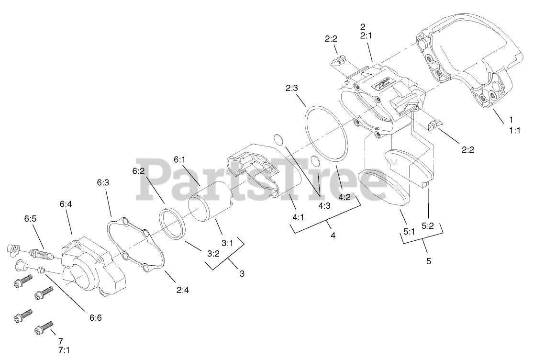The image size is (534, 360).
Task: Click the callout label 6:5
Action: [30, 219]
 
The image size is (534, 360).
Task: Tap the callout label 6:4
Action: [66, 204]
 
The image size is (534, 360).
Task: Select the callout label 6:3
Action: [103, 182]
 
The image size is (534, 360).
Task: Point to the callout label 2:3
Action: [291, 88]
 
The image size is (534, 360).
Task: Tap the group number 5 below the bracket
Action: [429, 261]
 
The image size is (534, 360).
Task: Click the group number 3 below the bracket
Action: [242, 274]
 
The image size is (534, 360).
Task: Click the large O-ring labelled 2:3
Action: [325, 134]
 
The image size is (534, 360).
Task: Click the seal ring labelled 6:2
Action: [172, 224]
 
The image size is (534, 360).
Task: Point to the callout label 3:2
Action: [213, 254]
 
